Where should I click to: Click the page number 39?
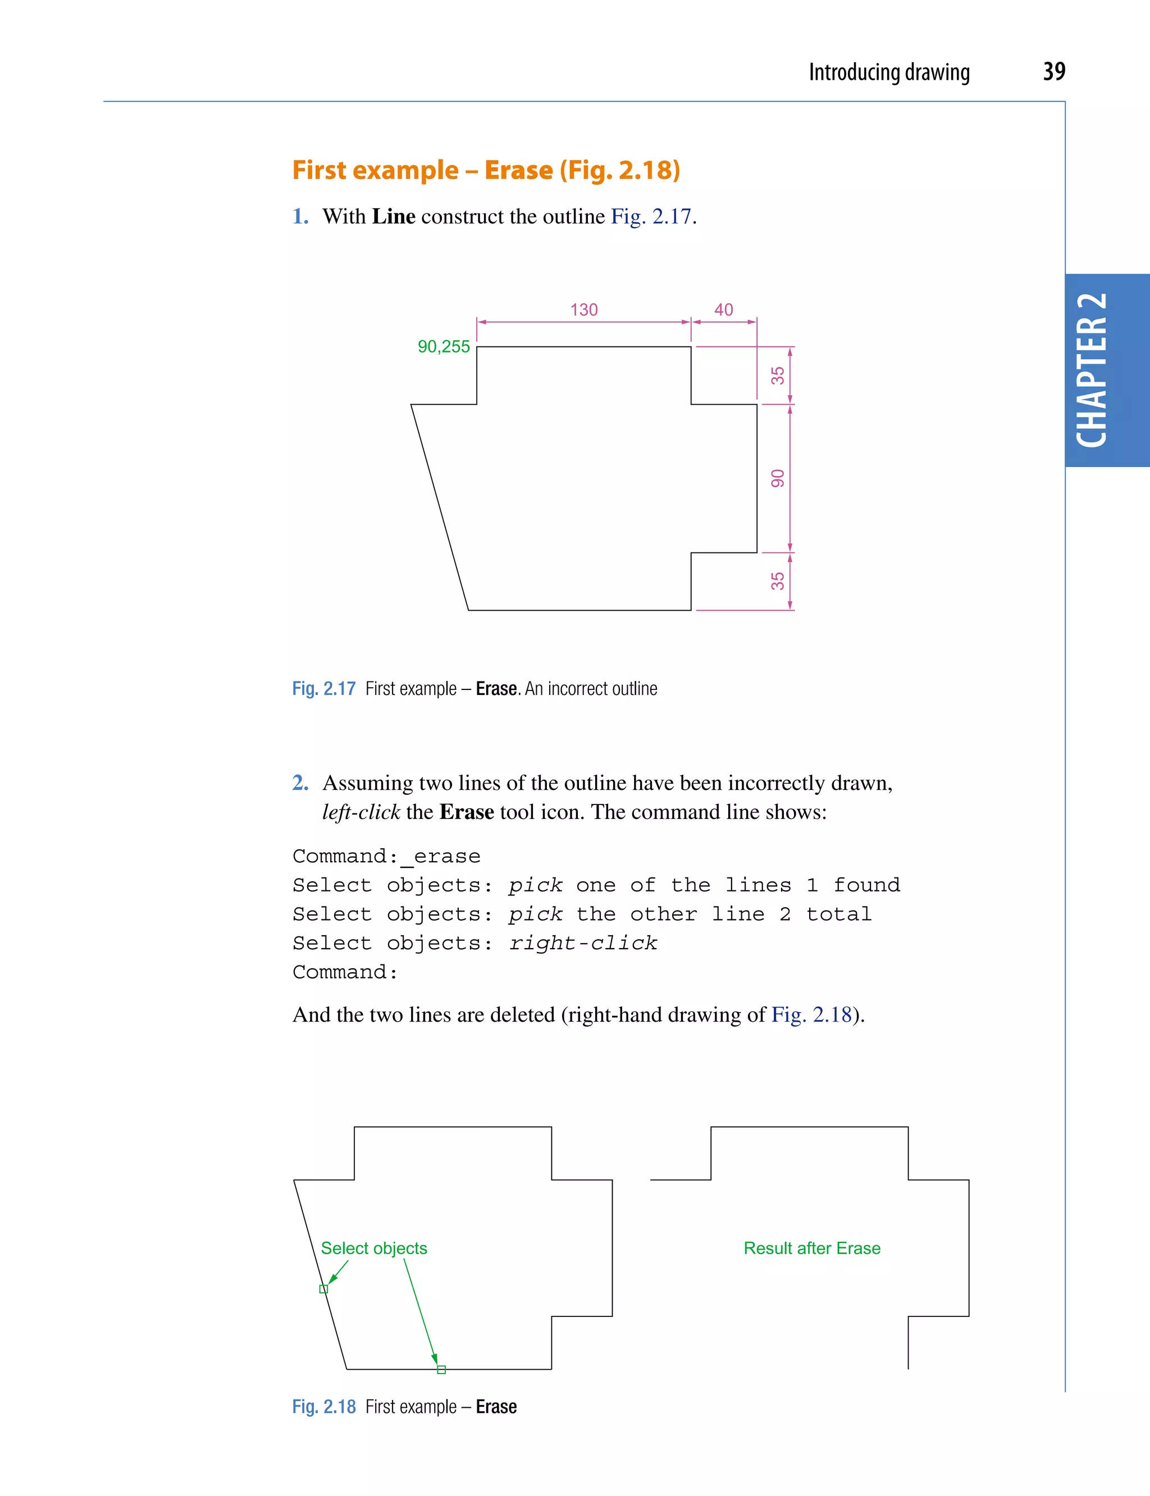click(x=1053, y=71)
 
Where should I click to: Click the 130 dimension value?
click(x=583, y=310)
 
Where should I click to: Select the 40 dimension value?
click(x=724, y=310)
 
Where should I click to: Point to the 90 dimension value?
click(x=778, y=478)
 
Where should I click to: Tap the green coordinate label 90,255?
click(x=444, y=347)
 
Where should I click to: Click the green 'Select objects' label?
click(x=374, y=1248)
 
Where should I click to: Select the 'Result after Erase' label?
click(x=812, y=1248)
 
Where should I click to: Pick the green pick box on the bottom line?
click(x=441, y=1369)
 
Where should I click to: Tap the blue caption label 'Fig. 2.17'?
click(x=324, y=688)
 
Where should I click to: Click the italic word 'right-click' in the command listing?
click(x=582, y=943)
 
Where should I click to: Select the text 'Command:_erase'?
click(x=386, y=856)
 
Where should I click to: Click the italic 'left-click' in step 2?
click(x=360, y=812)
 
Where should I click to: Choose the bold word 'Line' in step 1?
click(x=394, y=216)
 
